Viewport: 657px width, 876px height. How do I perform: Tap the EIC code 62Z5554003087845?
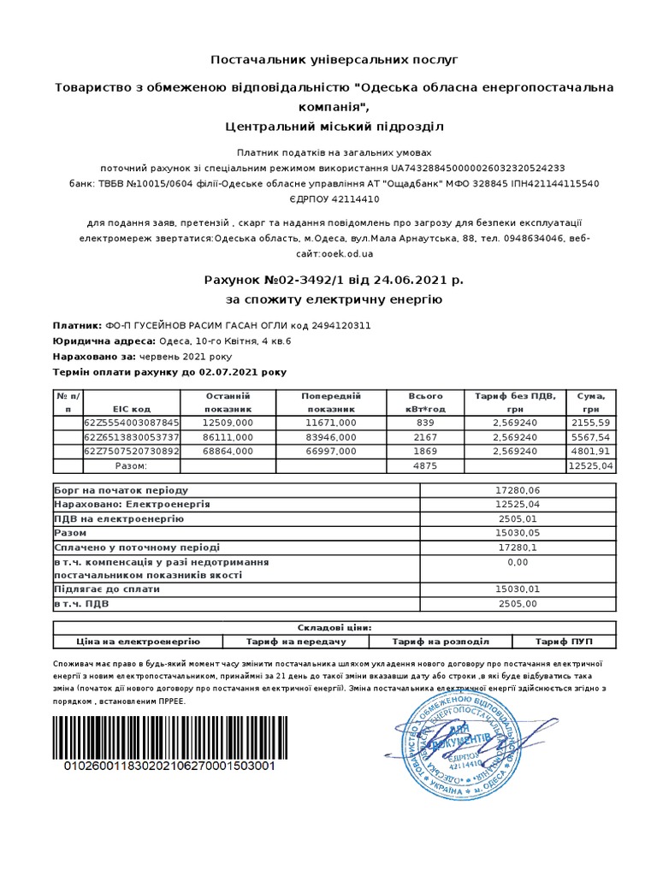pyautogui.click(x=132, y=423)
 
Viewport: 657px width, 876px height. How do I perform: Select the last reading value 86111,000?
pyautogui.click(x=228, y=437)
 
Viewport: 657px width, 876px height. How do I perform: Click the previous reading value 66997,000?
pyautogui.click(x=331, y=452)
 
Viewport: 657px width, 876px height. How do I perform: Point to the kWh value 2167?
pyautogui.click(x=425, y=437)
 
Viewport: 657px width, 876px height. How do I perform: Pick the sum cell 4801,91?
pyautogui.click(x=589, y=452)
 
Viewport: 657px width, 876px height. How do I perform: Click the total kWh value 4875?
pyautogui.click(x=425, y=466)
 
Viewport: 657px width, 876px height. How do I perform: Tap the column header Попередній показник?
pyautogui.click(x=331, y=402)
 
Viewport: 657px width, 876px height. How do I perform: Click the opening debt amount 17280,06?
pyautogui.click(x=518, y=490)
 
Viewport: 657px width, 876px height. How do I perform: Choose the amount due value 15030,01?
pyautogui.click(x=518, y=589)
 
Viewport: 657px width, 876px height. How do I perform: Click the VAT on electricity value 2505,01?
pyautogui.click(x=518, y=518)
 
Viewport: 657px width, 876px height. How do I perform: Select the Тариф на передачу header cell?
pyautogui.click(x=296, y=642)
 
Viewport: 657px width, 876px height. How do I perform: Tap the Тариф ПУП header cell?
pyautogui.click(x=563, y=642)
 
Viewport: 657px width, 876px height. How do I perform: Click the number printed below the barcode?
pyautogui.click(x=170, y=766)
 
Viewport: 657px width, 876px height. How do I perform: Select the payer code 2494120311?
pyautogui.click(x=341, y=326)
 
